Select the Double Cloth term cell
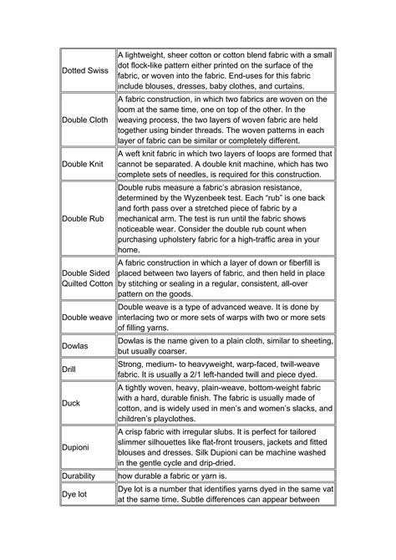[85, 120]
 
